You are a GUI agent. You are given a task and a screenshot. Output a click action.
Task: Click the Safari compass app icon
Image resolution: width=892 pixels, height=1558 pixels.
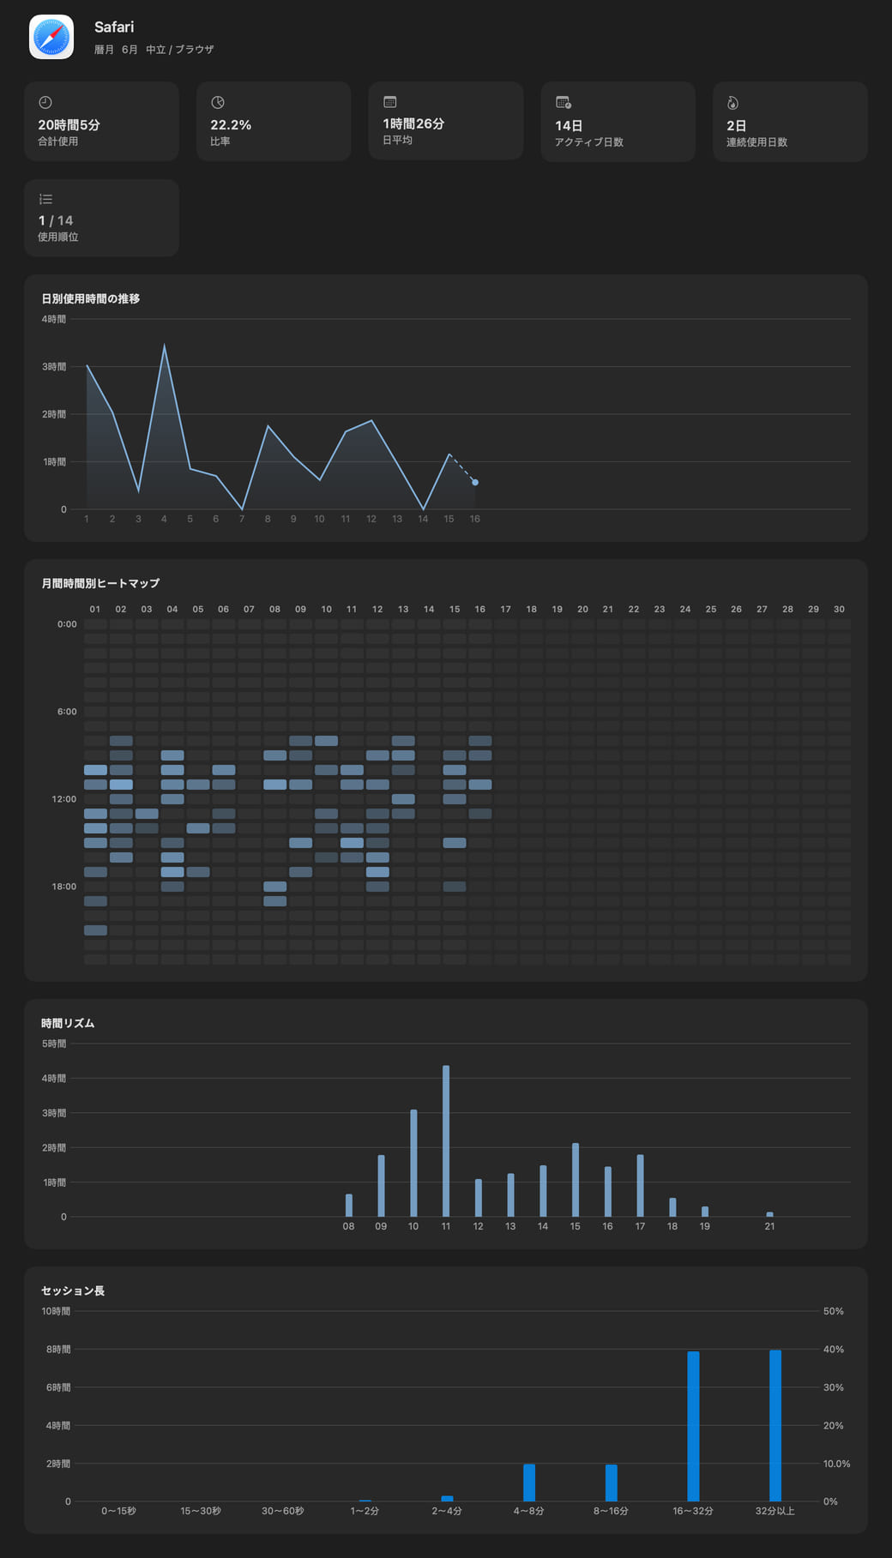[51, 37]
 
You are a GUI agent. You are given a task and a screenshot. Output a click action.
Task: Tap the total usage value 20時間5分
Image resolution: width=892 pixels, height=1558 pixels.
[69, 125]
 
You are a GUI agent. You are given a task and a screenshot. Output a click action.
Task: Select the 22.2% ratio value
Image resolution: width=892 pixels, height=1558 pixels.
[231, 125]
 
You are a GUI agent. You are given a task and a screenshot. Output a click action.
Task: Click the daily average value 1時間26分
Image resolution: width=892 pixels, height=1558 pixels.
[413, 123]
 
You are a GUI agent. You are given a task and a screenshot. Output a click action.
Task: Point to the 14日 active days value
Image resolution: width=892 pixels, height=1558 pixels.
[569, 126]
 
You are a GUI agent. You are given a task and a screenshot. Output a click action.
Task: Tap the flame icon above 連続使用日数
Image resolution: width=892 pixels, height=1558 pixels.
[732, 103]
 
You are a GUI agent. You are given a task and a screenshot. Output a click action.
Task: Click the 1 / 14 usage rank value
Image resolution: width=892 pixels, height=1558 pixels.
[56, 220]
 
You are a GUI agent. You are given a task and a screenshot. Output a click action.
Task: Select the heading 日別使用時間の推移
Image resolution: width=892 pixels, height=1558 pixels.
[91, 298]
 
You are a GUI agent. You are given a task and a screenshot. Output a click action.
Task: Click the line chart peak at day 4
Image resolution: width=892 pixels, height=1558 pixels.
[165, 346]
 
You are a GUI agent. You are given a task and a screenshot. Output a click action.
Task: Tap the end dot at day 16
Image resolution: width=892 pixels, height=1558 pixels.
[475, 483]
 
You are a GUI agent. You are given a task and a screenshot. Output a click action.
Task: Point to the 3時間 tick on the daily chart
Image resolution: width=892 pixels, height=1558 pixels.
[54, 366]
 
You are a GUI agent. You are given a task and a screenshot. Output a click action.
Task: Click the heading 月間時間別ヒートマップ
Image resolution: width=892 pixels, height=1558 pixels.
[100, 583]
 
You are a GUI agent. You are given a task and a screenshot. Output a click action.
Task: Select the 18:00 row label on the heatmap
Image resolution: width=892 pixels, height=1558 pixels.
[64, 887]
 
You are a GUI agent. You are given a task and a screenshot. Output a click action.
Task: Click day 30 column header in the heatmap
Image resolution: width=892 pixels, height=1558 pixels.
[839, 609]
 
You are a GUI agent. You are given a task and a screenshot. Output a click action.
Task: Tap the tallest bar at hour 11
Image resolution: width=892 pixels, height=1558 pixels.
[446, 1141]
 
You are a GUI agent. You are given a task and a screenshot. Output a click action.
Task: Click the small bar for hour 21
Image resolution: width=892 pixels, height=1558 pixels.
[770, 1214]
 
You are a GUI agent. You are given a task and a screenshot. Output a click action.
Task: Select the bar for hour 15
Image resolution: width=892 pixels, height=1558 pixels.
[576, 1180]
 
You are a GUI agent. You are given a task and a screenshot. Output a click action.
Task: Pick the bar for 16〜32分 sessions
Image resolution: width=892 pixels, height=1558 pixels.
[693, 1426]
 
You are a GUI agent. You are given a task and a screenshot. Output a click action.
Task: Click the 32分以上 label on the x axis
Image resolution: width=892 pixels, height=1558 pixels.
[775, 1511]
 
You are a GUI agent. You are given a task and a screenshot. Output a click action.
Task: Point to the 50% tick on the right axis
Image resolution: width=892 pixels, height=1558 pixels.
[834, 1311]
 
